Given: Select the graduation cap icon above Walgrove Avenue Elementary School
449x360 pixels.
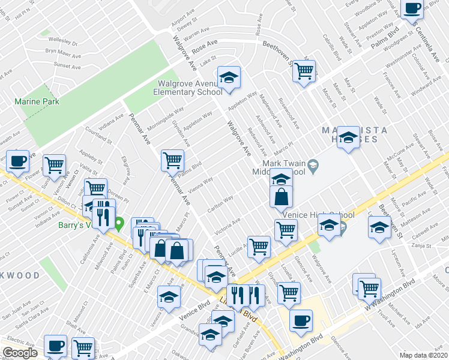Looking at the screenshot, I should [x=229, y=77].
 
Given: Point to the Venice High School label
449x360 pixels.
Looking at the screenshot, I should [x=316, y=215].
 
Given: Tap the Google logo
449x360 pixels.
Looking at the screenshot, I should [x=20, y=352].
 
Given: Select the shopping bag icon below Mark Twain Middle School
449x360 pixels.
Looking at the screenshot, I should [x=282, y=196].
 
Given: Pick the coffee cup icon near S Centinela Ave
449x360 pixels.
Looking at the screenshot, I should [x=412, y=8].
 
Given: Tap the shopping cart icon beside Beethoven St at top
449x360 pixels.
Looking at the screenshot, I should [x=304, y=71].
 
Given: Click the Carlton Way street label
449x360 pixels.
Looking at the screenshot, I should [x=220, y=201].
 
